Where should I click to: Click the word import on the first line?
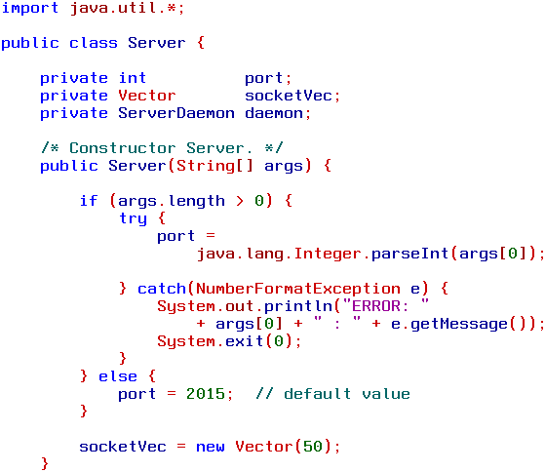pyautogui.click(x=30, y=8)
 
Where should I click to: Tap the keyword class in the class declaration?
pyautogui.click(x=94, y=43)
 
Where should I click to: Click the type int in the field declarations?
pyautogui.click(x=132, y=78)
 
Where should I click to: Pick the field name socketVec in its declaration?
pyautogui.click(x=289, y=96)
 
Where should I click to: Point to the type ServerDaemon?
pyautogui.click(x=176, y=113)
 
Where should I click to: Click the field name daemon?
pyautogui.click(x=274, y=113)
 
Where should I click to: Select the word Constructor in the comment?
pyautogui.click(x=122, y=148)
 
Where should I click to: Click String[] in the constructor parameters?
pyautogui.click(x=214, y=166)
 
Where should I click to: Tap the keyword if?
pyautogui.click(x=89, y=201)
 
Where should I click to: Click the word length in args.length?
pyautogui.click(x=197, y=201)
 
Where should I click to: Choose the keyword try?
pyautogui.click(x=134, y=218)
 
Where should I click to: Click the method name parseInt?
pyautogui.click(x=410, y=254)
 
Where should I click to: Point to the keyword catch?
pyautogui.click(x=162, y=289)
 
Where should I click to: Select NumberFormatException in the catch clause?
pyautogui.click(x=298, y=289)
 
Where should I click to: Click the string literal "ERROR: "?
pyautogui.click(x=386, y=305)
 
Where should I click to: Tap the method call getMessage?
pyautogui.click(x=459, y=324)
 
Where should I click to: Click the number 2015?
pyautogui.click(x=206, y=394)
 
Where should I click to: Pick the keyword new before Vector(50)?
pyautogui.click(x=211, y=447)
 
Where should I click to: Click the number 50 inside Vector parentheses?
pyautogui.click(x=313, y=447)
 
